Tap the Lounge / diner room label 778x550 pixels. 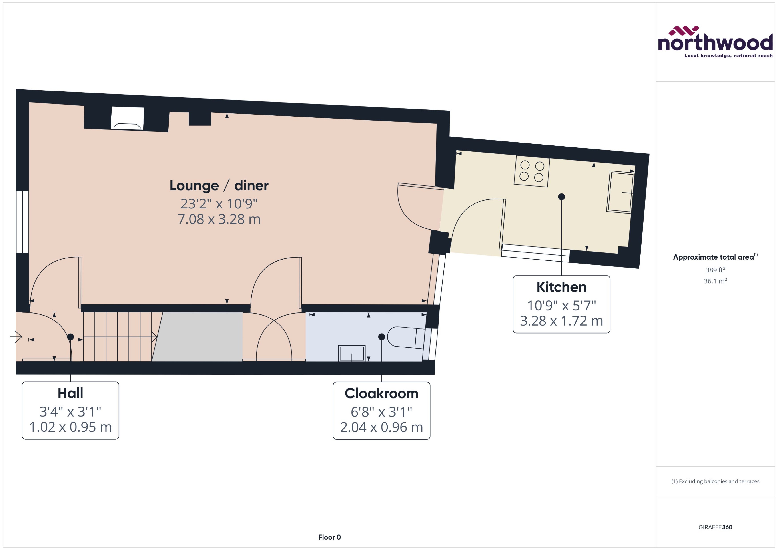pos(219,186)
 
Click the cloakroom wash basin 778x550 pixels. pos(351,353)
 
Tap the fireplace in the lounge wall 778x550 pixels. pos(127,119)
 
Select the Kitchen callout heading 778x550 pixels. pos(561,287)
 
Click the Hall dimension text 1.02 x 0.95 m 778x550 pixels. pos(70,427)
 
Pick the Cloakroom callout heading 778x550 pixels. pos(381,393)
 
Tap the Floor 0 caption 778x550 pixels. pos(329,537)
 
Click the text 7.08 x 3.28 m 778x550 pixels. pos(219,219)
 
